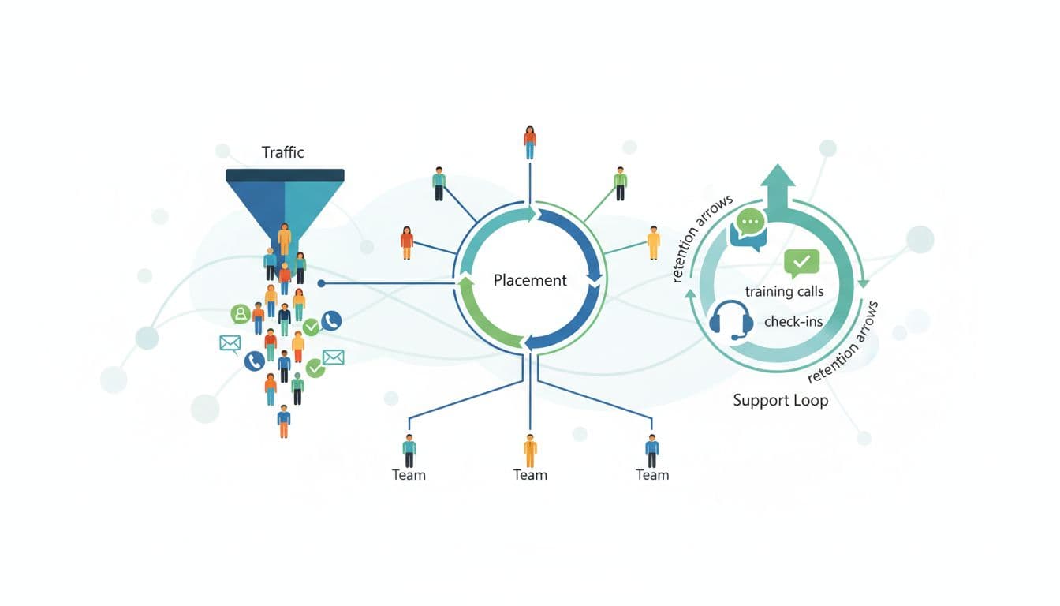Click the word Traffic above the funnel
pos(282,152)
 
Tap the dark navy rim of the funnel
pos(285,175)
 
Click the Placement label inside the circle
pos(530,280)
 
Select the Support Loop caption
pos(780,400)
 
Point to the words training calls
pos(784,291)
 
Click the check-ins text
pos(793,321)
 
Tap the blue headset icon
pos(730,320)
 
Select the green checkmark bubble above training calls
pos(802,261)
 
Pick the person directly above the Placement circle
pos(530,142)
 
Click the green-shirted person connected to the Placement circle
pos(621,183)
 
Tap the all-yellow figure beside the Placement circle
pos(653,242)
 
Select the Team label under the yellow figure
pos(530,474)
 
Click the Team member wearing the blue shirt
pos(651,451)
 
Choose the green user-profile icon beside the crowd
pos(240,314)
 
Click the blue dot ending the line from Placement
pos(322,282)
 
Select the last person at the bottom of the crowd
pos(284,421)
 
